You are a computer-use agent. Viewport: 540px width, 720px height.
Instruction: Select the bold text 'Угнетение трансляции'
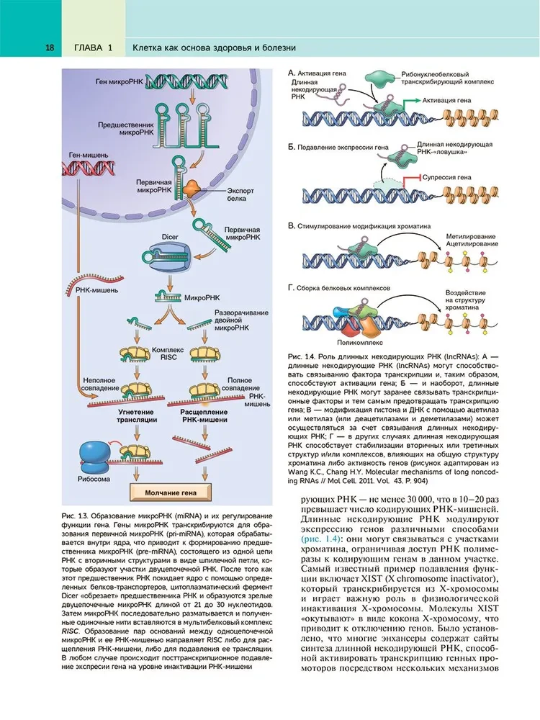pos(132,416)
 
